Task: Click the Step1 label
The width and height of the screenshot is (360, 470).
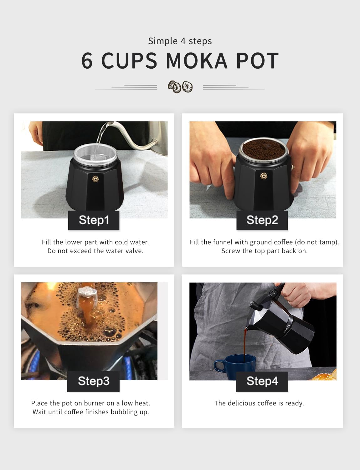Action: [94, 220]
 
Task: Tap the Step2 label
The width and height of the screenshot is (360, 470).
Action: [262, 220]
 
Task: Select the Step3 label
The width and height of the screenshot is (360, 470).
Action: [93, 381]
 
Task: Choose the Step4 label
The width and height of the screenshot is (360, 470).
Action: [262, 381]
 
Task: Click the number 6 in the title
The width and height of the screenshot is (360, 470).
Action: [87, 60]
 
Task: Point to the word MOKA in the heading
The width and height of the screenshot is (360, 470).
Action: [197, 60]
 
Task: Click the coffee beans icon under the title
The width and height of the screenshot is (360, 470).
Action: [180, 87]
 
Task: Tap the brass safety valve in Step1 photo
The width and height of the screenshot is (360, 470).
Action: [95, 179]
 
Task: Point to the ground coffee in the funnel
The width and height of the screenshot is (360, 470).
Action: [264, 149]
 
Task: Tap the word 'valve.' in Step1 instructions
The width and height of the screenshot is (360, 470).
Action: [134, 251]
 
